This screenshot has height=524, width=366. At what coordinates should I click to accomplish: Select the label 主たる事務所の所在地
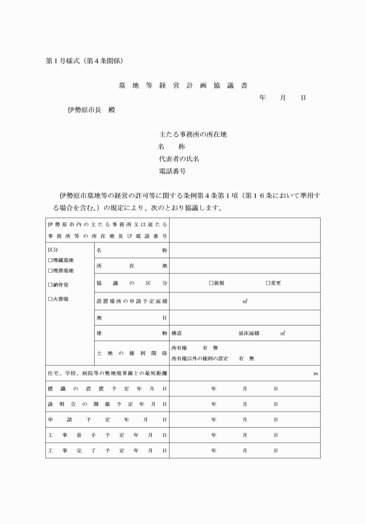192,133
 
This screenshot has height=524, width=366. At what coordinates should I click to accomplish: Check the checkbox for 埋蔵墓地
50,261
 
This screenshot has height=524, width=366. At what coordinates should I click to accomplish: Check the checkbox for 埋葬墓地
50,270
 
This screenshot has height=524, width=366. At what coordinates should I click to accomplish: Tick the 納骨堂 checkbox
50,285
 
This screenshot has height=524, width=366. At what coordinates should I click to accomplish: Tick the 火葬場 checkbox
50,299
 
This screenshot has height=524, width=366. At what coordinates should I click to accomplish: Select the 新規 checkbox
211,283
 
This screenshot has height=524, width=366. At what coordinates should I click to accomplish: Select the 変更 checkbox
268,283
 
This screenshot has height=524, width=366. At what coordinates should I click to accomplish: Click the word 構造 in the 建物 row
177,334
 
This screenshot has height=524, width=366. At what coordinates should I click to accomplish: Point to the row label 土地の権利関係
132,353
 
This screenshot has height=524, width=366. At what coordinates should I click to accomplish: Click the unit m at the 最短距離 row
315,374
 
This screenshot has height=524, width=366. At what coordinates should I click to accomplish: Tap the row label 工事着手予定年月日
107,435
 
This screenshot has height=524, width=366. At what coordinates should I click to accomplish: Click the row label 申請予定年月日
107,419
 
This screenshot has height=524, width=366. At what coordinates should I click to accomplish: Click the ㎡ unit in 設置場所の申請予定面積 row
245,301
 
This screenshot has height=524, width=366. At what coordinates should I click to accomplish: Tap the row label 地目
132,317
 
